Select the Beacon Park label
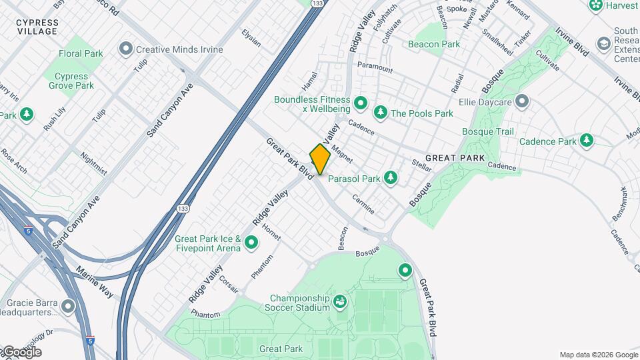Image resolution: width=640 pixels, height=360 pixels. tap(434, 44)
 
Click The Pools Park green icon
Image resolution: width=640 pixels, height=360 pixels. tap(381, 113)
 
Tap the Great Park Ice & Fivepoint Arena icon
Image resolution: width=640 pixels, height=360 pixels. tap(251, 243)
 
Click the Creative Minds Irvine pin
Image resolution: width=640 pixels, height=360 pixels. tap(125, 49)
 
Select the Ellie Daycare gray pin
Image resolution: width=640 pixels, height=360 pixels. tap(522, 102)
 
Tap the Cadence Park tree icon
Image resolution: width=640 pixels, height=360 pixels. tap(587, 141)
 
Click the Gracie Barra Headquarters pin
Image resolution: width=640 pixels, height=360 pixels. tap(67, 307)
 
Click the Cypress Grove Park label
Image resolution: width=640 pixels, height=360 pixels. tap(71, 81)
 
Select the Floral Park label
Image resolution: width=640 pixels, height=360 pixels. tap(80, 53)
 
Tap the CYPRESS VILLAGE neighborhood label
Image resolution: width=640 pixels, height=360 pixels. tap(38, 27)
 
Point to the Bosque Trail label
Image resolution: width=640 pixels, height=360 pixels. tap(488, 131)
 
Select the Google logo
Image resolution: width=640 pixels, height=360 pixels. tap(21, 352)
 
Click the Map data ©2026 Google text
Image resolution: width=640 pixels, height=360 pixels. tap(599, 355)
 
